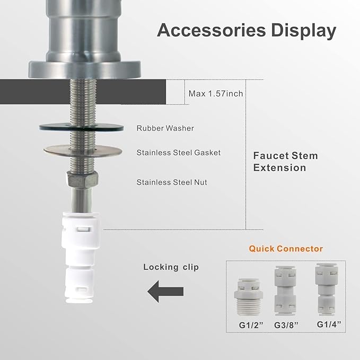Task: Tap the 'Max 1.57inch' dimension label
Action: (x=216, y=94)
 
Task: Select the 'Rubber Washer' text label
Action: (x=165, y=128)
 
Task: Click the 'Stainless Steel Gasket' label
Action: (x=178, y=153)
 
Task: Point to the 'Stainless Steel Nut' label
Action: (x=171, y=182)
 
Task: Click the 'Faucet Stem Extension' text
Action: (x=285, y=162)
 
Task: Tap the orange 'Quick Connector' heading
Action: (x=286, y=248)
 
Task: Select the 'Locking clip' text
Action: (x=171, y=267)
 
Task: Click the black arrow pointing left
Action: (x=165, y=291)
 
